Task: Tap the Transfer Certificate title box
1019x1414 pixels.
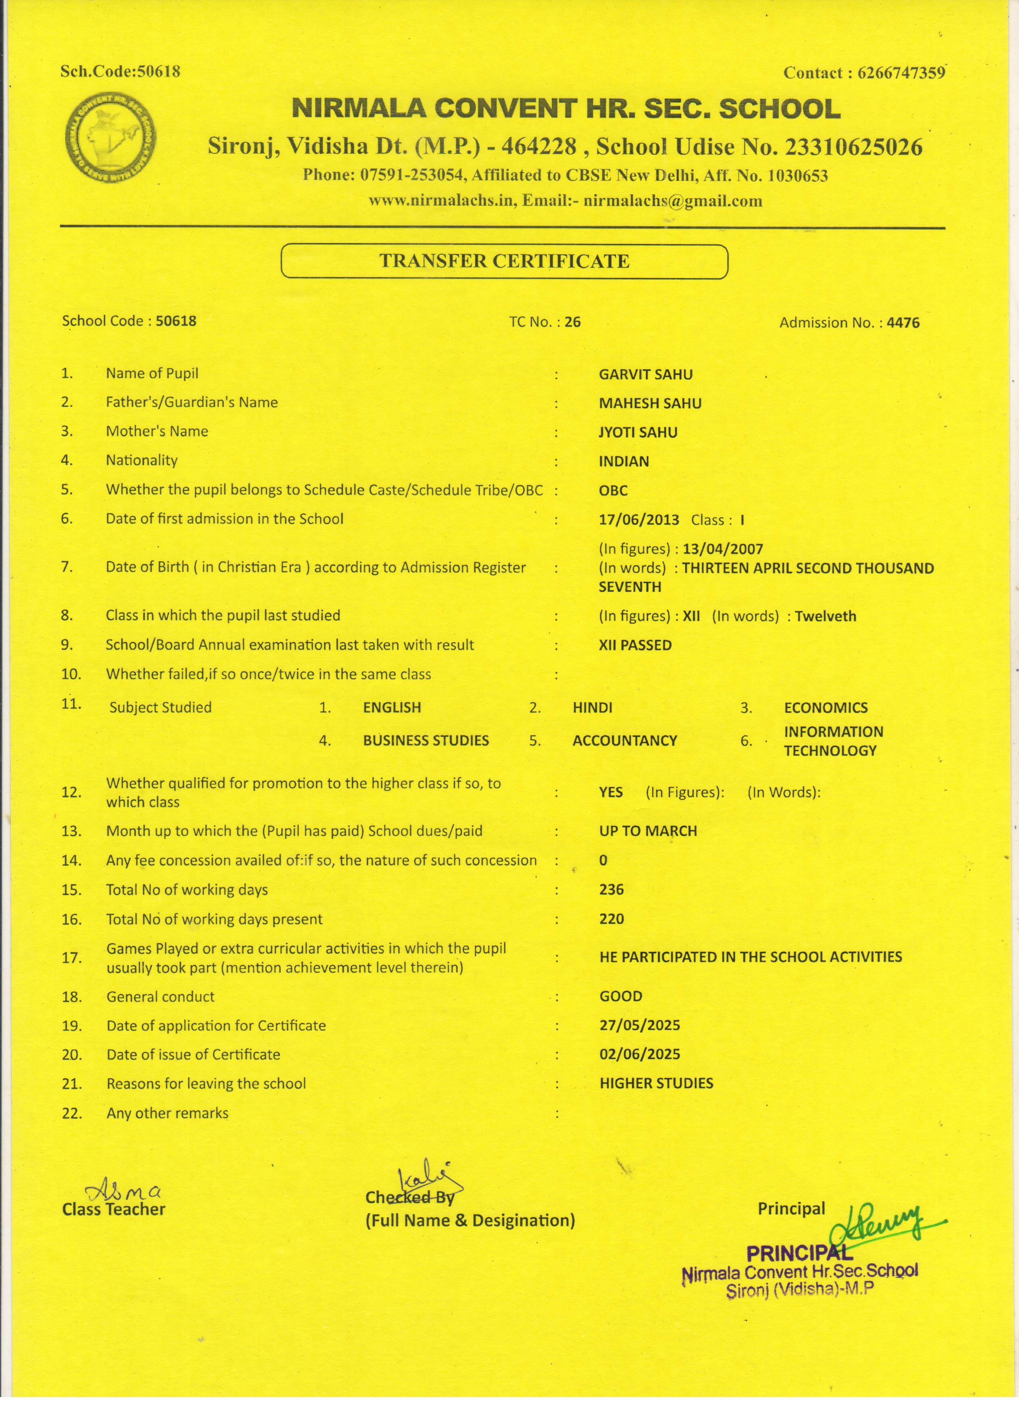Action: coord(504,261)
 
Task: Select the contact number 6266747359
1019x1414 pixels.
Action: coord(901,73)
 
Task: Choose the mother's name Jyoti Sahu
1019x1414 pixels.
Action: coord(638,433)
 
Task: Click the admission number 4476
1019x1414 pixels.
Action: coord(903,322)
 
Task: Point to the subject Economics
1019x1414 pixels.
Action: coord(825,708)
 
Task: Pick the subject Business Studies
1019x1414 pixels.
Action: coord(426,741)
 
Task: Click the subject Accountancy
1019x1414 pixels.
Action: coord(624,741)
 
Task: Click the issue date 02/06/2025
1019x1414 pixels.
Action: coord(639,1054)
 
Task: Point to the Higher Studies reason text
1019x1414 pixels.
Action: coord(656,1083)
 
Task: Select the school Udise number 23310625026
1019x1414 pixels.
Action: coord(853,147)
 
